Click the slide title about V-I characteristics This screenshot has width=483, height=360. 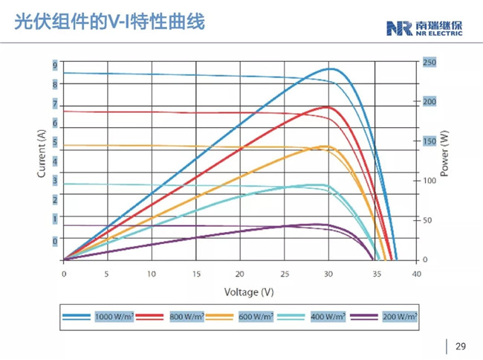109,25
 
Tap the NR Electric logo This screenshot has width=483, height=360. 424,28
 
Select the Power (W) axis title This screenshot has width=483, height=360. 444,152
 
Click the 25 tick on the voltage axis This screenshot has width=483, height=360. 283,274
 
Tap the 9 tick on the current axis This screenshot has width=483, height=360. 54,65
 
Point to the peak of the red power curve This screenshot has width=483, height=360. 327,107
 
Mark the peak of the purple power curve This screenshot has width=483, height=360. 320,224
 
